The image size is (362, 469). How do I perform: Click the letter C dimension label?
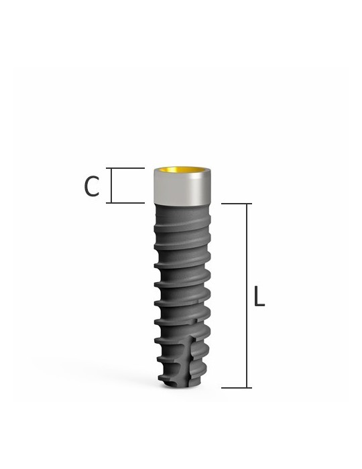[92, 187]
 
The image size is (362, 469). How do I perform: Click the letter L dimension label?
[259, 296]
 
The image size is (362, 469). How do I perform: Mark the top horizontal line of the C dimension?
[127, 168]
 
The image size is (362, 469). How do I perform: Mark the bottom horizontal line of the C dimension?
[127, 202]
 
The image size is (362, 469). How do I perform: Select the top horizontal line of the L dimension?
[236, 204]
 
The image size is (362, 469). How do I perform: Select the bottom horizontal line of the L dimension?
[236, 387]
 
